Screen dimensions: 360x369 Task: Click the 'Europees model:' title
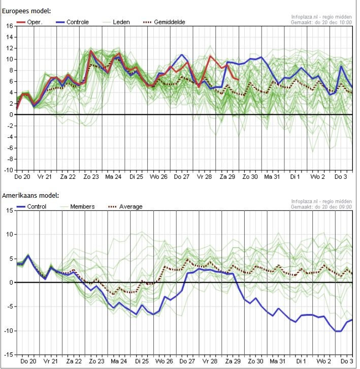(26, 11)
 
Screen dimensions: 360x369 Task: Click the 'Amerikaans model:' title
(30, 195)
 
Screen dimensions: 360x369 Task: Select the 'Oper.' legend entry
(29, 22)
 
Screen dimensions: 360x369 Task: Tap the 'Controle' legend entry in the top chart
(73, 22)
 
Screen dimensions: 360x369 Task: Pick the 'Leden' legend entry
(116, 22)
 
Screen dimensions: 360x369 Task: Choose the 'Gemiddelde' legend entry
(165, 22)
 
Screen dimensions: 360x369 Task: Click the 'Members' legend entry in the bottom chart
(78, 207)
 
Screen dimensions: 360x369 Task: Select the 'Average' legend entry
(125, 207)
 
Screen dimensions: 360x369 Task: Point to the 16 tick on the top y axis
(10, 26)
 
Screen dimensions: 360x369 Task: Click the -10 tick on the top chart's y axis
(9, 170)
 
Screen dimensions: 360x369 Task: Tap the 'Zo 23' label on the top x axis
(91, 177)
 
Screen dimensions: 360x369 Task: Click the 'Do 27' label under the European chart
(182, 177)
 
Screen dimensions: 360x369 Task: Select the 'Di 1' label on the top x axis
(295, 177)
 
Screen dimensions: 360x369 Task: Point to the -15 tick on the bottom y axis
(9, 355)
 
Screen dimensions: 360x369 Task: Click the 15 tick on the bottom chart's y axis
(10, 210)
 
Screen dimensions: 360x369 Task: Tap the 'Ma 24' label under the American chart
(119, 361)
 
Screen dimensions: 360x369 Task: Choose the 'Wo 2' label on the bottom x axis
(323, 361)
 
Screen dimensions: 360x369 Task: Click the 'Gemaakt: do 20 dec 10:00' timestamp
(321, 22)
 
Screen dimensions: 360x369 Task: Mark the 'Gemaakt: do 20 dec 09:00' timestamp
(321, 207)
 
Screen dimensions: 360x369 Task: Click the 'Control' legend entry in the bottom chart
(31, 207)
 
